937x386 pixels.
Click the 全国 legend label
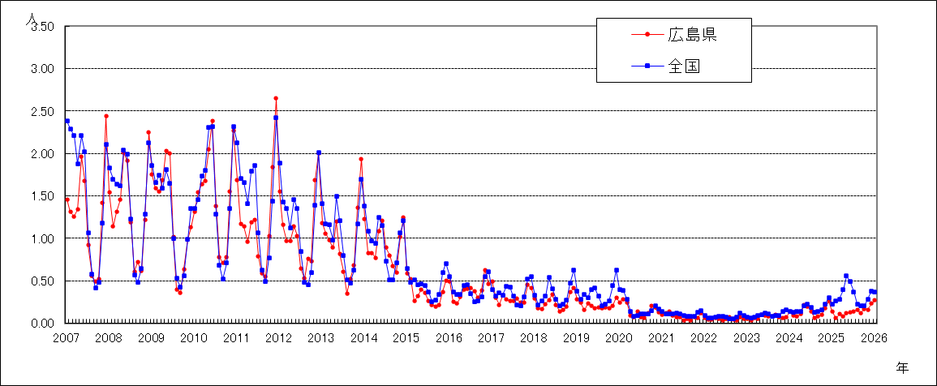tap(684, 67)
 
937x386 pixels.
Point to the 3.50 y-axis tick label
tap(42, 27)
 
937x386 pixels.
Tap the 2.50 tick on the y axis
tap(42, 111)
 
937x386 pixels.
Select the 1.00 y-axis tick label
tap(42, 238)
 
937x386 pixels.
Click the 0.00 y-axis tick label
tap(42, 323)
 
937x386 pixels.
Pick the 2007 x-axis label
tap(67, 337)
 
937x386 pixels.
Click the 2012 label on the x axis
tap(279, 337)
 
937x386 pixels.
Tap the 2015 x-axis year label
tap(406, 337)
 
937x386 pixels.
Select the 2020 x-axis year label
tap(619, 337)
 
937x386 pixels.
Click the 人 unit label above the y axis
tap(31, 17)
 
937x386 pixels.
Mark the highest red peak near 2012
tap(276, 98)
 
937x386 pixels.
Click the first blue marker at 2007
tap(67, 121)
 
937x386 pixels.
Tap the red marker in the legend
tap(647, 34)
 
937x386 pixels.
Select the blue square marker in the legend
tap(647, 67)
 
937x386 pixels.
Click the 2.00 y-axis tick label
tap(42, 153)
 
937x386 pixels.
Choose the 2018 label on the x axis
tap(534, 337)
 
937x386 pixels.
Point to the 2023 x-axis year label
tap(746, 337)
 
